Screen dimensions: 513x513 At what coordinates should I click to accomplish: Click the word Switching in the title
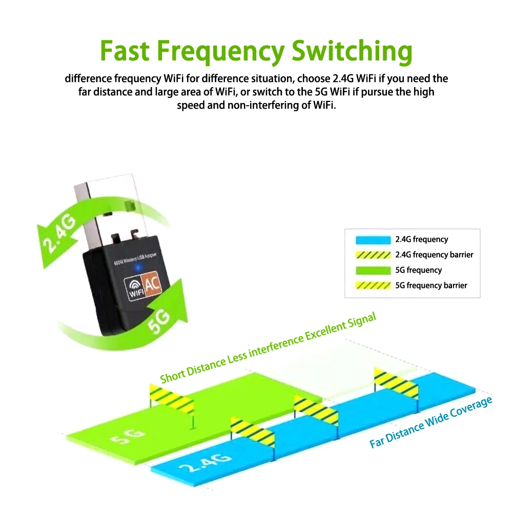tap(352, 50)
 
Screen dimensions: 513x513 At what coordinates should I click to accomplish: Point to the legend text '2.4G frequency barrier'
tap(434, 255)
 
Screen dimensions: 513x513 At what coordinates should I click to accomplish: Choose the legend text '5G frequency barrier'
tap(431, 285)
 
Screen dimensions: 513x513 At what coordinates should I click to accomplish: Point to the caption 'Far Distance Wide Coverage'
tap(431, 423)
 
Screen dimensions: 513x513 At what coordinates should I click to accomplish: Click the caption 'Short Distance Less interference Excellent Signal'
tap(268, 347)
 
